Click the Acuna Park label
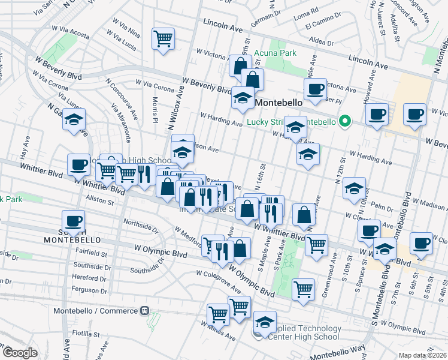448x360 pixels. [x=275, y=53]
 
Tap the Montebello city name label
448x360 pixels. [x=277, y=103]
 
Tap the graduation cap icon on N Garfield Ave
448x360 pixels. [x=74, y=121]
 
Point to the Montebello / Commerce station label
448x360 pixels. [x=95, y=311]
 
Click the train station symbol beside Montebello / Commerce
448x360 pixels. [x=144, y=311]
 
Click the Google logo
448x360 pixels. [x=20, y=353]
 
